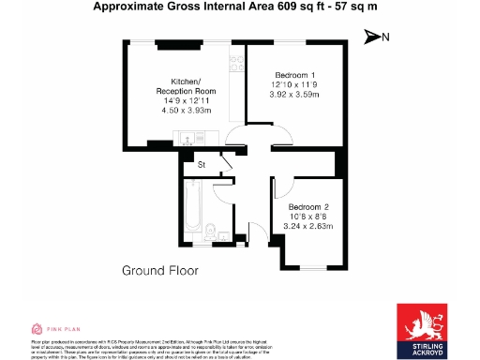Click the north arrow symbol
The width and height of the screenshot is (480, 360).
pos(374,37)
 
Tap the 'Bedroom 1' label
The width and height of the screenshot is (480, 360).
pos(294,75)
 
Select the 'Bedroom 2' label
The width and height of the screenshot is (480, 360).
pos(308,206)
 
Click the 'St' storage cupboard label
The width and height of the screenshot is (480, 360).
pos(202,166)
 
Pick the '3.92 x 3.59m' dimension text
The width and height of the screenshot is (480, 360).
pos(294,94)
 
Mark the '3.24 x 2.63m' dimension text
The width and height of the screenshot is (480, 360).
pos(308,225)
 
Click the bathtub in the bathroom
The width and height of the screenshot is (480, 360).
pos(187,212)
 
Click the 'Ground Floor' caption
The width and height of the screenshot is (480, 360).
pos(160,271)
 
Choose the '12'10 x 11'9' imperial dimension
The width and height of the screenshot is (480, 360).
pos(294,84)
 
